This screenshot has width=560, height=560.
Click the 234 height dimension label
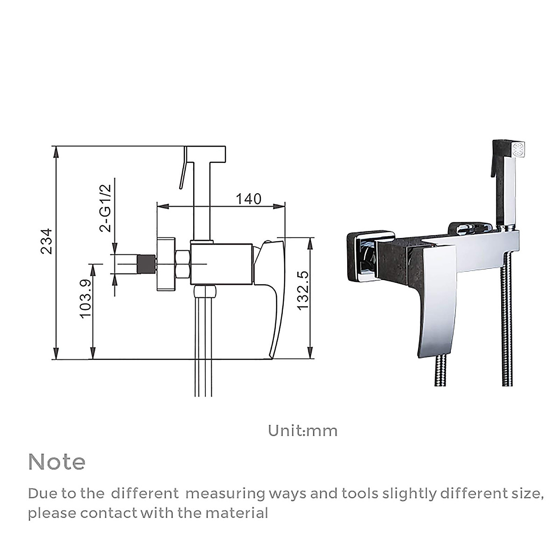(x=46, y=241)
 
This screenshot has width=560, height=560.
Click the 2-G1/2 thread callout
(x=105, y=208)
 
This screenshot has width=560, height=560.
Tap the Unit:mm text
(x=303, y=430)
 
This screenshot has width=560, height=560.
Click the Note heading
(x=57, y=462)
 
